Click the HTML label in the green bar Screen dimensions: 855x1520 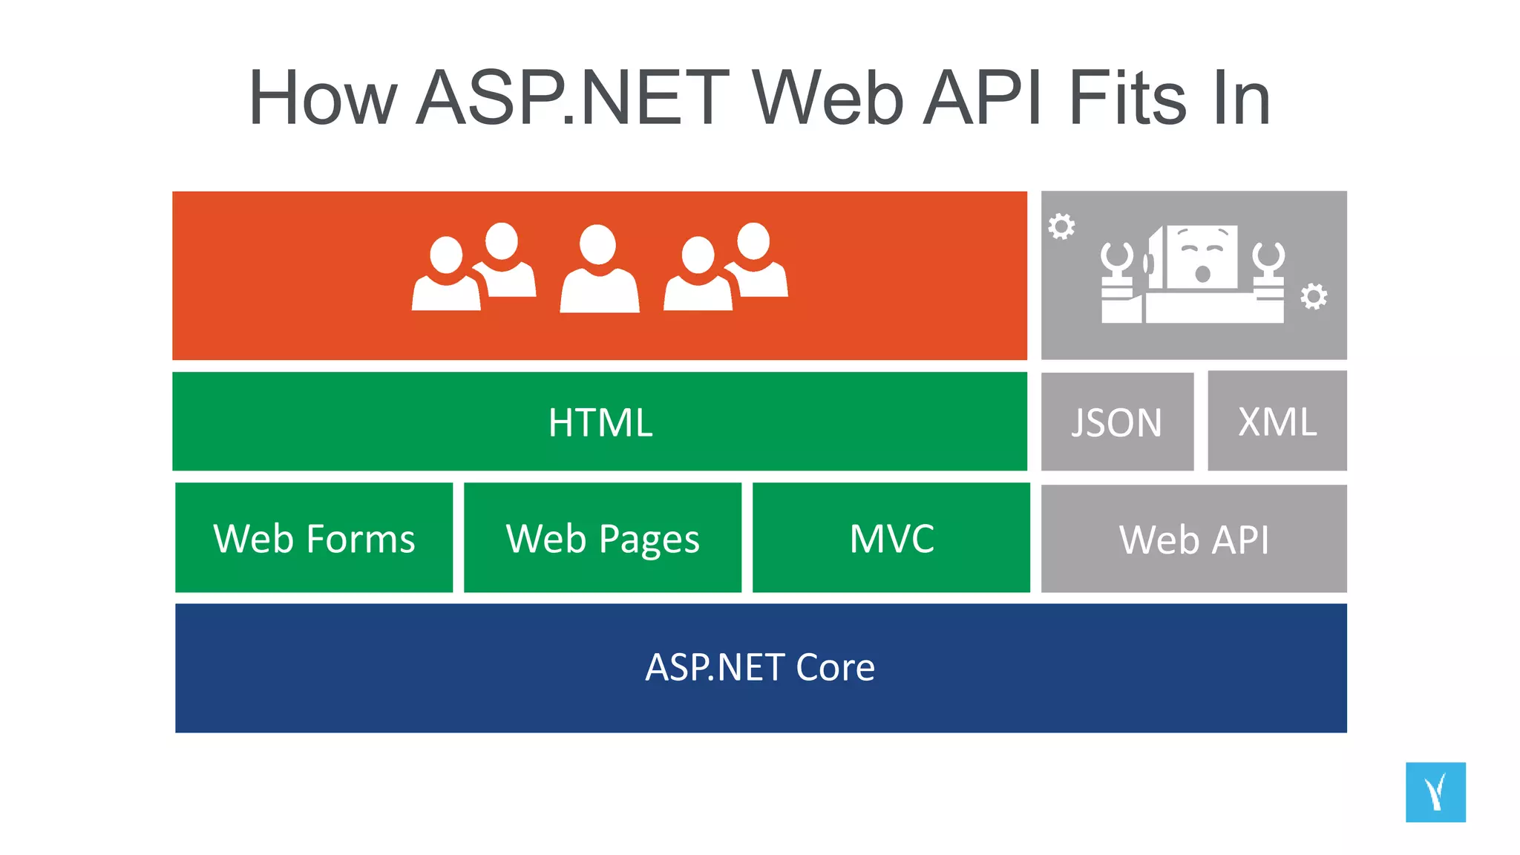600,422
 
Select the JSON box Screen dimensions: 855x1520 1117,422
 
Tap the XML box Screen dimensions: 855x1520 1277,422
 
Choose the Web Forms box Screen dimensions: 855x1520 314,538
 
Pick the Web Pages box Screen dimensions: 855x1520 603,538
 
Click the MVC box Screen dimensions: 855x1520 891,538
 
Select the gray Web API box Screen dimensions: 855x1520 1193,539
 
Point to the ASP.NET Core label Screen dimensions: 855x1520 760,667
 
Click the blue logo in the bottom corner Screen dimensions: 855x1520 1435,792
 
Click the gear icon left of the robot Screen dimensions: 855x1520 1061,226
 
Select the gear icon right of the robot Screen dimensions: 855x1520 1314,296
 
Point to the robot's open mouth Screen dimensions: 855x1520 1202,275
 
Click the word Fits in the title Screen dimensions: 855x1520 1128,98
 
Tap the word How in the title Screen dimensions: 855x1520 323,98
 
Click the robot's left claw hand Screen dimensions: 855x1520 1116,259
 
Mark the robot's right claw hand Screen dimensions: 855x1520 1268,259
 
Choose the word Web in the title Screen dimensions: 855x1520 828,98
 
